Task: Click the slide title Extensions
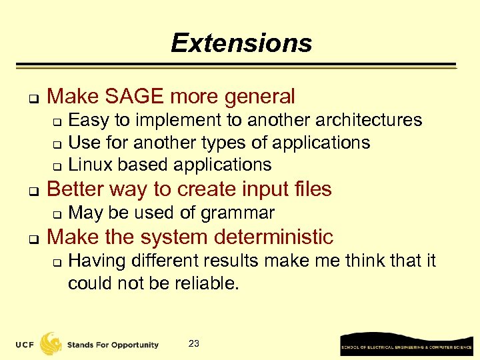click(241, 43)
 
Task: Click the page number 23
click(194, 344)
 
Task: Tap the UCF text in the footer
click(26, 345)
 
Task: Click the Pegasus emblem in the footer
click(51, 343)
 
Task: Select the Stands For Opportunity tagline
click(113, 345)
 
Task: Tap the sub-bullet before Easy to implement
click(57, 122)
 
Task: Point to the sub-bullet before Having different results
click(57, 262)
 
